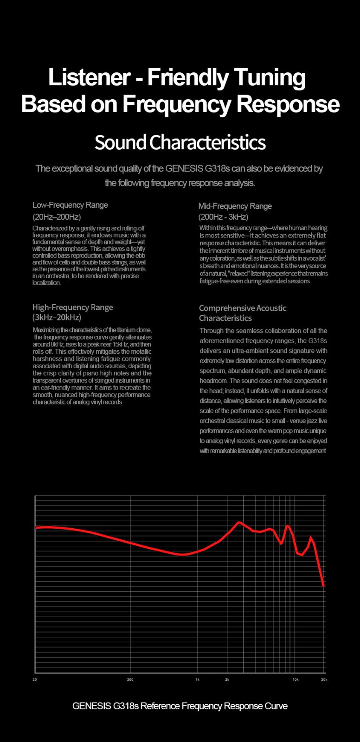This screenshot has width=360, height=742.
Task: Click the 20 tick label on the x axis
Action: point(35,680)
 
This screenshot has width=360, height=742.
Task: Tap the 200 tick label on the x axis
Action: point(130,680)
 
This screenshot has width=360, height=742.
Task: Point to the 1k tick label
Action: point(197,680)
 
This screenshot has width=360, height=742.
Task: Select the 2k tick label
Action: point(227,680)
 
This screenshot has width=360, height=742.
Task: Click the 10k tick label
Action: point(295,680)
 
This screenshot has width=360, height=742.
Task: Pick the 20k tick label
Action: point(324,680)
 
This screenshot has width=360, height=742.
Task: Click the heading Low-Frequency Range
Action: point(70,205)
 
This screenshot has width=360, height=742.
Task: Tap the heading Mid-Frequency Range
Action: point(235,206)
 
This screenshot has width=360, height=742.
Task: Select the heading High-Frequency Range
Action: point(73,307)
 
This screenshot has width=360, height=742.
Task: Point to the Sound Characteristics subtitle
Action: point(180,142)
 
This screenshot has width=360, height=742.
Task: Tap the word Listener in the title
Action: point(82,77)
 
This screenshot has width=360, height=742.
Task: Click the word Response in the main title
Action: point(288,104)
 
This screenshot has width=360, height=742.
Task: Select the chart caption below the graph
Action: point(180,706)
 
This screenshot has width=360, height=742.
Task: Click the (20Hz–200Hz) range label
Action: point(57,217)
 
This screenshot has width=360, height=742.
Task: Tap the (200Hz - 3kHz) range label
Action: point(223,217)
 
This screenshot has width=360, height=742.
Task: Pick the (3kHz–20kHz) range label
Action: point(57,318)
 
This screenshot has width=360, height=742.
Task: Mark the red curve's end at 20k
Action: point(323,586)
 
